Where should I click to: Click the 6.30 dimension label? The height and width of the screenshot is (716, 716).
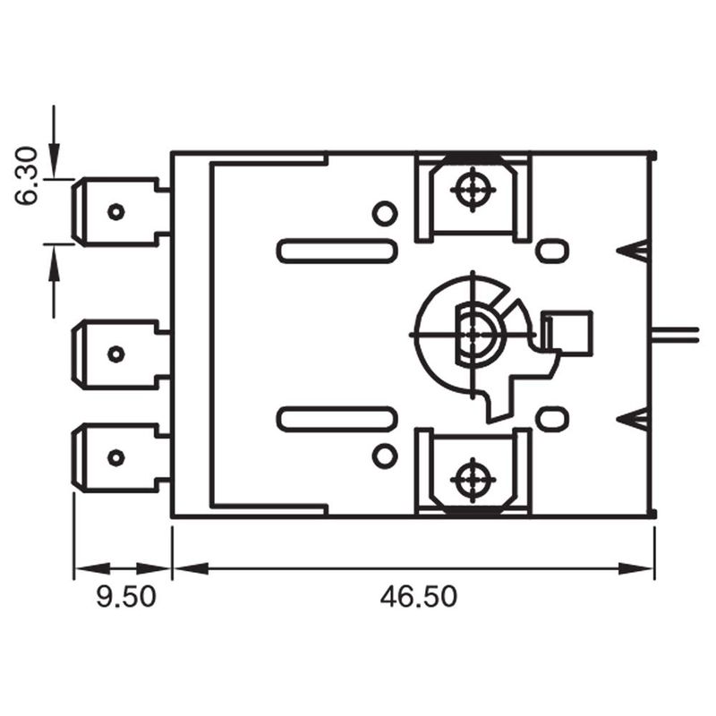26,175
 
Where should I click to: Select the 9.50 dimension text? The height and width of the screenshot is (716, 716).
126,596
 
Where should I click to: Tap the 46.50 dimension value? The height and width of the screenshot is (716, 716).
418,596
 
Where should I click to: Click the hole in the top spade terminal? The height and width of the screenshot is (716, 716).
116,211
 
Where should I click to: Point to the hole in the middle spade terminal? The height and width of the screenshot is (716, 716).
116,354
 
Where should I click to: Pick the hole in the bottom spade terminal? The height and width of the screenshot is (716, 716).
116,457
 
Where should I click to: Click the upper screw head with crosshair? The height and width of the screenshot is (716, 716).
473,190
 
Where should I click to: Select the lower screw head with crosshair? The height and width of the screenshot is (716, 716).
473,480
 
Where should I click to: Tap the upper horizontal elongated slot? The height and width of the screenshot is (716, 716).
337,251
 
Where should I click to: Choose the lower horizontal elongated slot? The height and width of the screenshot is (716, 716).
337,419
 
